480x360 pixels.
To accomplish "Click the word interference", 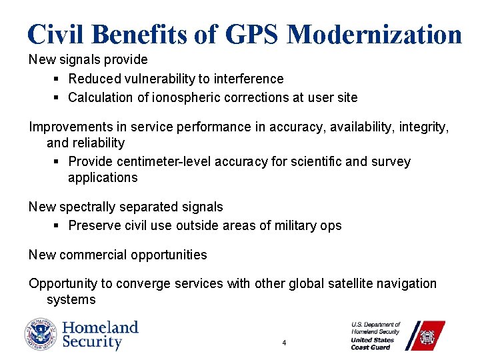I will (x=250, y=79).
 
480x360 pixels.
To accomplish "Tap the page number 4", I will (x=284, y=343).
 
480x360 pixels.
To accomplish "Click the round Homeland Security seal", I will (x=41, y=335).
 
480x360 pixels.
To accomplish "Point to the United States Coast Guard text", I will (x=373, y=343).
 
